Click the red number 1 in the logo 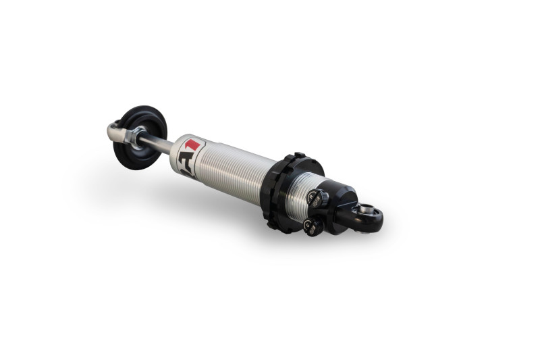[x=193, y=145]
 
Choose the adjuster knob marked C [x=313, y=227]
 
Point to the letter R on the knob [x=313, y=197]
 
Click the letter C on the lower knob [x=308, y=225]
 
